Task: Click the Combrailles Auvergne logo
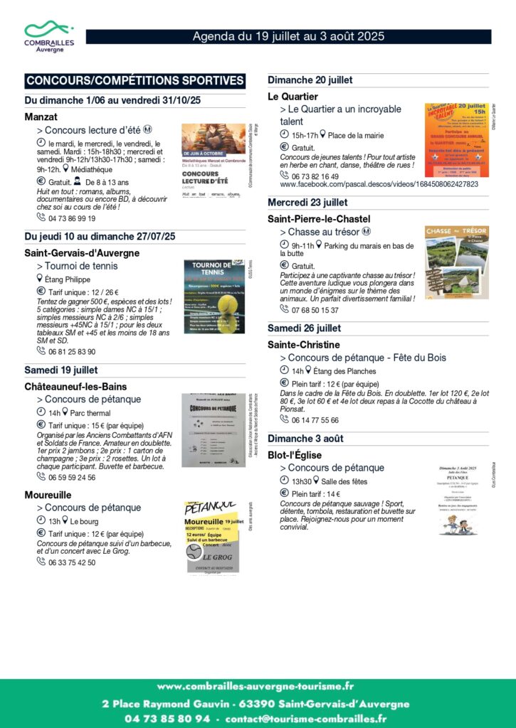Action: click(48, 36)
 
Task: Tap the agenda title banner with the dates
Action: click(288, 36)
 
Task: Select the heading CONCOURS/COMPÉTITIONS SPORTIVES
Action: click(135, 80)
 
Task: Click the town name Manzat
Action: click(41, 117)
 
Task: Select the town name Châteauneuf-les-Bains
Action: click(75, 386)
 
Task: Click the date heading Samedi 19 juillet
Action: click(61, 370)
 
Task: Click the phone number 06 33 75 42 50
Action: click(71, 562)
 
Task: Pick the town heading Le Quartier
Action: click(293, 96)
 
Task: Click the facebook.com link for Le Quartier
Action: click(379, 184)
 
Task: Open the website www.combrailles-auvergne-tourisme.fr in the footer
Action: click(256, 686)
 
